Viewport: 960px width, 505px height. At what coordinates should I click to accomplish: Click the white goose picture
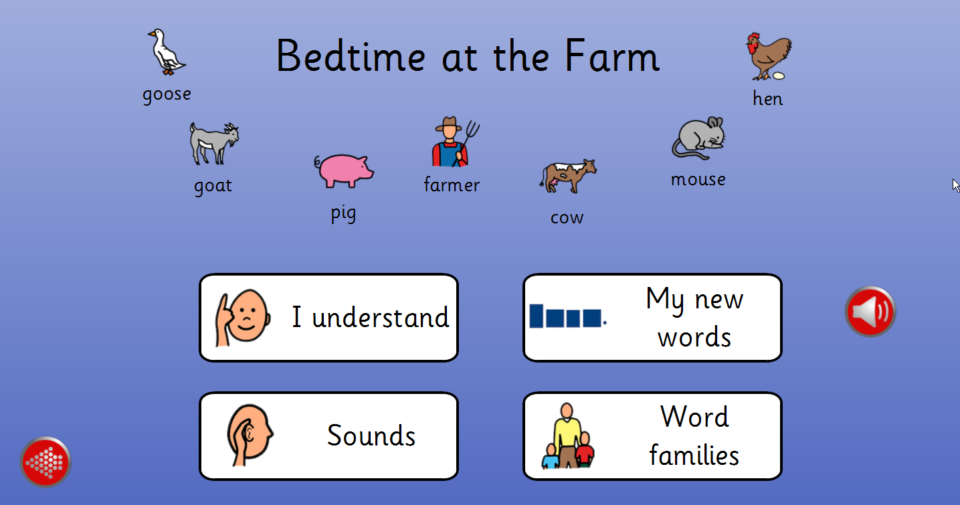[167, 52]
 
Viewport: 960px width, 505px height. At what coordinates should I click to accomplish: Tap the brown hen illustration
[769, 56]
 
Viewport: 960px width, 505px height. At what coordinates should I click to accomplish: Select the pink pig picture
[344, 171]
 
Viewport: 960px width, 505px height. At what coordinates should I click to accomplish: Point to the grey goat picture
[214, 144]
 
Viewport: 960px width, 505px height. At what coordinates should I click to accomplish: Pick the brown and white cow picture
[568, 176]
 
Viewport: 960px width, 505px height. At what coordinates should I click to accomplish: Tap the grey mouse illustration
[698, 138]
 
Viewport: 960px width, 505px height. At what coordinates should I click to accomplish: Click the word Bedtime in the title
[351, 56]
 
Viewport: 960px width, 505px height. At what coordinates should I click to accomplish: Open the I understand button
[328, 318]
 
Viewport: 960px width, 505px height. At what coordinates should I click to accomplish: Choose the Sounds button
[328, 436]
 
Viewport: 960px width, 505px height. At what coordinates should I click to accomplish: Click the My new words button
[652, 318]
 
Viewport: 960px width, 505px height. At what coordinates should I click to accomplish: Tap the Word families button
[652, 436]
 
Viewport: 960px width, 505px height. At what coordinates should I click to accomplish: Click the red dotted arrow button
[45, 462]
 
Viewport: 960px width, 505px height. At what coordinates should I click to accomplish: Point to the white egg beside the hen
[779, 76]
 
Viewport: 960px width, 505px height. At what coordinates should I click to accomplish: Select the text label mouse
[698, 179]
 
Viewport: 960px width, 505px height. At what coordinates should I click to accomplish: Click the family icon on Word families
[567, 435]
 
